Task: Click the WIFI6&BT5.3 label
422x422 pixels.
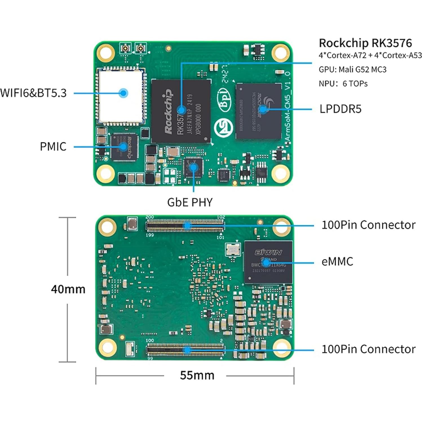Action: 33,93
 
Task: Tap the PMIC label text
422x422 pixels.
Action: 53,147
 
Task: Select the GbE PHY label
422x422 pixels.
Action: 190,202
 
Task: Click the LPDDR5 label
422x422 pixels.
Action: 340,109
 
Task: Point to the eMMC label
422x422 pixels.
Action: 337,262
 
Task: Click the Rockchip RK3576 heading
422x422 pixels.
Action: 365,43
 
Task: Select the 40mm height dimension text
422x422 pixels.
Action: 68,289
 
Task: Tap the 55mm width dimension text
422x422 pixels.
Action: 197,375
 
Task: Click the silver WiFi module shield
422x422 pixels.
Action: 121,96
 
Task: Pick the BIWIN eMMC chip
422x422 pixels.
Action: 268,262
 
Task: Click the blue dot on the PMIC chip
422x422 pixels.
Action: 123,147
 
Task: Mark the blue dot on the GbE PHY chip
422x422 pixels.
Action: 193,167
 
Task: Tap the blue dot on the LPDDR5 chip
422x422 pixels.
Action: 263,109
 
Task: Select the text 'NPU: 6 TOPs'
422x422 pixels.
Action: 343,83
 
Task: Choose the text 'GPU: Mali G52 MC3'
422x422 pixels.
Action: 352,69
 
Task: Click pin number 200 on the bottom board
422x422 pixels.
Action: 150,217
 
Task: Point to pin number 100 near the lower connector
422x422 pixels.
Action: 150,341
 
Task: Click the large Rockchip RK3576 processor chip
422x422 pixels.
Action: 181,111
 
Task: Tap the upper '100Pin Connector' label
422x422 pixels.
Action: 368,225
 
